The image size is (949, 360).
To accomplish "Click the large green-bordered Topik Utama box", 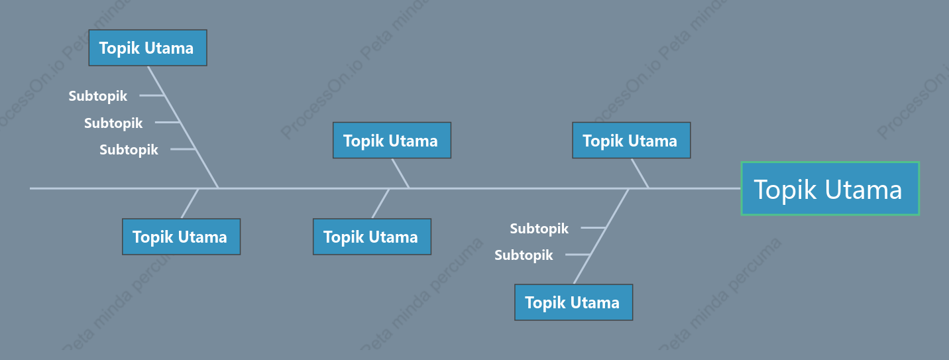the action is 830,188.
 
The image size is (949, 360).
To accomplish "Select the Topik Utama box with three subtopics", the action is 148,48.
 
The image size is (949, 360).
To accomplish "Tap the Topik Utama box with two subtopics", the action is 574,302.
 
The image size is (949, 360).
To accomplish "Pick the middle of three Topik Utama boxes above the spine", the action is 392,141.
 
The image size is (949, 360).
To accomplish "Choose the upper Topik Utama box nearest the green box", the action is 632,141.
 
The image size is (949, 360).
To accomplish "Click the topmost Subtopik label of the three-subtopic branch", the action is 98,96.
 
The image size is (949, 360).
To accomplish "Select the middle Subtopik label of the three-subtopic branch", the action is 113,123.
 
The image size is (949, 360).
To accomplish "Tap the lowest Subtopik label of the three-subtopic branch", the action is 129,150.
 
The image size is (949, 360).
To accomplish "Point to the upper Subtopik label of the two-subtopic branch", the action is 539,229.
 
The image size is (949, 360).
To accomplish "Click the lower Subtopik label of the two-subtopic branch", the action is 524,255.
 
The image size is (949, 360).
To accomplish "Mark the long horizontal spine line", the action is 385,188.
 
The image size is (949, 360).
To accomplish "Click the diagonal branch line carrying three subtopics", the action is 183,127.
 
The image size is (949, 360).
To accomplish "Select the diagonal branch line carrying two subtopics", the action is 601,236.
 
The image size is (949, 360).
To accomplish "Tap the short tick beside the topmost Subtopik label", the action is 152,95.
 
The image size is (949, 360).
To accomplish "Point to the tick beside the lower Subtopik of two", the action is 578,255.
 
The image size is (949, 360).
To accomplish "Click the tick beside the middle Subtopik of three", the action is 168,122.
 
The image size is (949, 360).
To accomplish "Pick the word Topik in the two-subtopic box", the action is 545,303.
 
